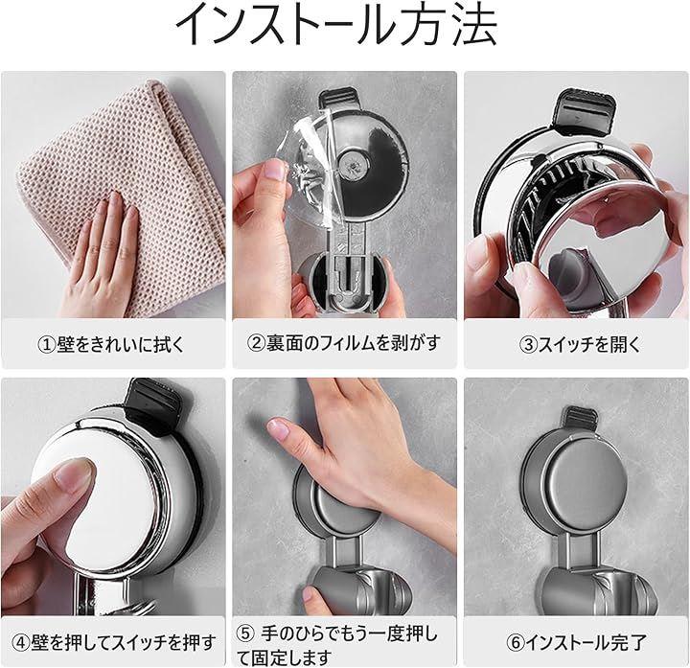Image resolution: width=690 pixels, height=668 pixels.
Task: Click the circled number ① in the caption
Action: point(47,344)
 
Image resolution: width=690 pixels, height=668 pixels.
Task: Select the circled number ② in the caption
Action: point(255,343)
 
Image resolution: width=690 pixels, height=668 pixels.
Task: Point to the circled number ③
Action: point(528,344)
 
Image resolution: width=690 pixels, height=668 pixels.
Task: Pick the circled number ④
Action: point(21,643)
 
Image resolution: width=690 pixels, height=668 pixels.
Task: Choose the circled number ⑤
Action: point(245,633)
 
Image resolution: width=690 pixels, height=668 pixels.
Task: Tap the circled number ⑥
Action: point(516,643)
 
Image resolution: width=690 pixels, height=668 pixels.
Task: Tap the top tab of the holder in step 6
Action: point(581,419)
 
